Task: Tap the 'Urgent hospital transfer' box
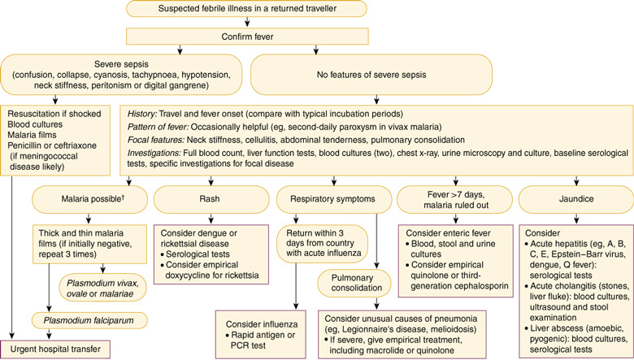[x=56, y=349]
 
